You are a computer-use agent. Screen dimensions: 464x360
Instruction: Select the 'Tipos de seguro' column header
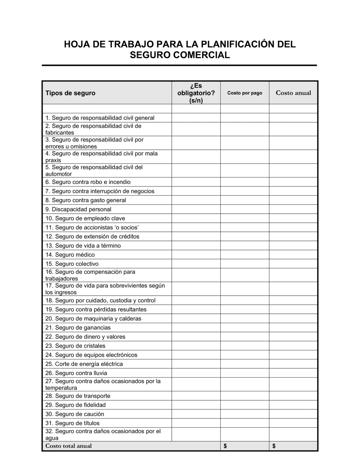pyautogui.click(x=70, y=93)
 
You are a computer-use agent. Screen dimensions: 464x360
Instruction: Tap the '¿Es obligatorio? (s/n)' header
pyautogui.click(x=196, y=93)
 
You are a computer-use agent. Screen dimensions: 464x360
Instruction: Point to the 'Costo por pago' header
pyautogui.click(x=245, y=93)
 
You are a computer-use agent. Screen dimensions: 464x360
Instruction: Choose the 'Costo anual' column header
pyautogui.click(x=293, y=93)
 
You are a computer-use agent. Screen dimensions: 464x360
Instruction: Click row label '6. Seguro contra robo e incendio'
pyautogui.click(x=88, y=182)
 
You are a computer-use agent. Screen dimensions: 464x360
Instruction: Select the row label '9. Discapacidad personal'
pyautogui.click(x=78, y=209)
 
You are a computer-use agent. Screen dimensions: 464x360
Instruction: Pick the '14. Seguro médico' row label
pyautogui.click(x=70, y=255)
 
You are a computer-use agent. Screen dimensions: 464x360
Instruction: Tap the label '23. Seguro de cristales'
pyautogui.click(x=75, y=346)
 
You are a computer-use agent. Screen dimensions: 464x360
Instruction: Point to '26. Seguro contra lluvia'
pyautogui.click(x=76, y=373)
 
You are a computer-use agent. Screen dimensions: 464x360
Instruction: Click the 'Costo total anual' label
pyautogui.click(x=68, y=446)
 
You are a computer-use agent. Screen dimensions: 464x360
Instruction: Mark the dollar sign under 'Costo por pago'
pyautogui.click(x=225, y=446)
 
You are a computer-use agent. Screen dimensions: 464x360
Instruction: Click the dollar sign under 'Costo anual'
pyautogui.click(x=274, y=446)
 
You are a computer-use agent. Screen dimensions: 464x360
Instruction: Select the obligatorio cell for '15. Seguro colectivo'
pyautogui.click(x=196, y=264)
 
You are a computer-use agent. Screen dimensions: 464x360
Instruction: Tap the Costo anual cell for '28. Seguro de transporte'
pyautogui.click(x=293, y=396)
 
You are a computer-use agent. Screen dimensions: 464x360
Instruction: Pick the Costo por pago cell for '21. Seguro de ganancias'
pyautogui.click(x=245, y=328)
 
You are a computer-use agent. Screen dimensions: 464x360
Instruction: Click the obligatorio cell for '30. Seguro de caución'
pyautogui.click(x=196, y=414)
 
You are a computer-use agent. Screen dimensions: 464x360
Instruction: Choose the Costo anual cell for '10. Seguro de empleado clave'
pyautogui.click(x=293, y=218)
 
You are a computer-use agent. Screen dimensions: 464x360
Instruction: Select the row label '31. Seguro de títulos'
pyautogui.click(x=72, y=423)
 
